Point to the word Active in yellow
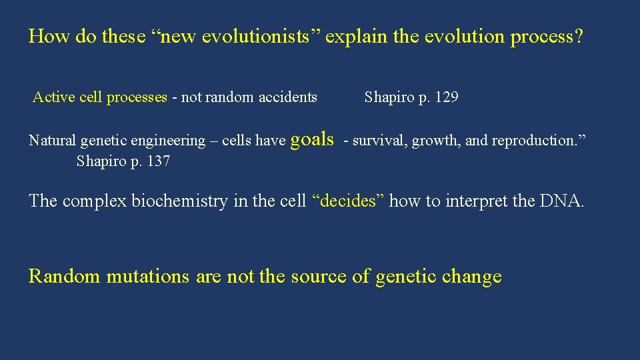(x=54, y=97)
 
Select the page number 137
(x=157, y=161)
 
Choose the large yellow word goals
(x=313, y=139)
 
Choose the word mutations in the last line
(x=148, y=276)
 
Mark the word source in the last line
(x=319, y=276)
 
